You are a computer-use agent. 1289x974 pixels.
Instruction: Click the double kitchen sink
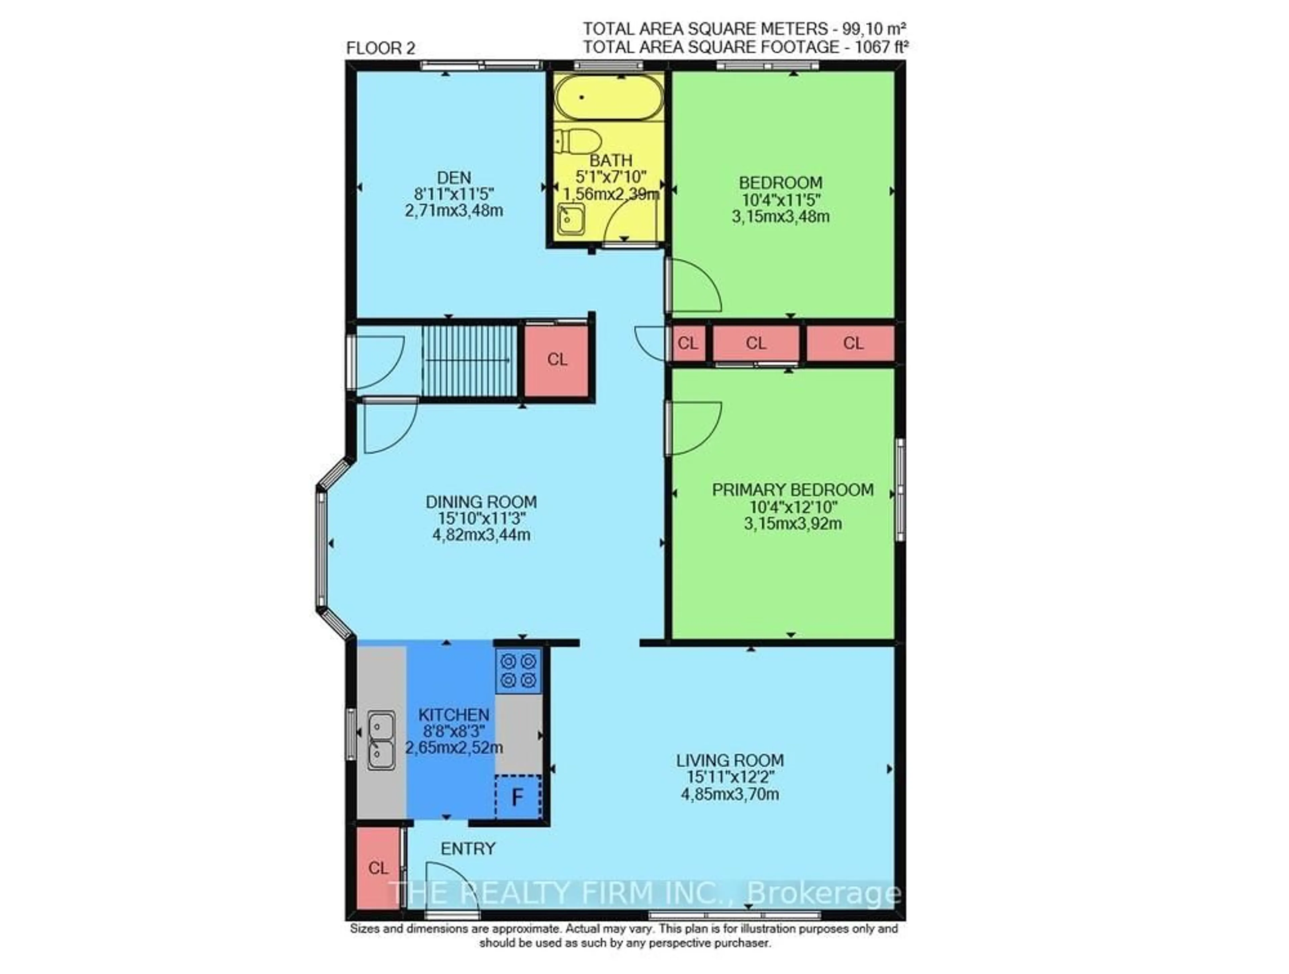(381, 740)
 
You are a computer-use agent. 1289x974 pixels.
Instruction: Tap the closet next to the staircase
(557, 360)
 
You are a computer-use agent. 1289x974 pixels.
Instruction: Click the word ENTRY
(468, 849)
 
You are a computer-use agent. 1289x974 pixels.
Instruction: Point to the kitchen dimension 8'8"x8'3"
(454, 731)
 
